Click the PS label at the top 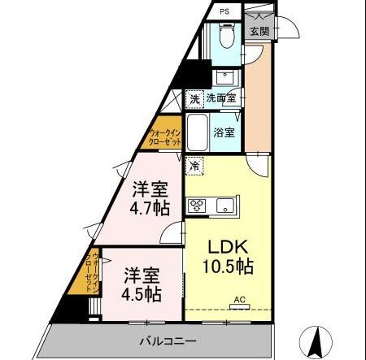click(x=224, y=11)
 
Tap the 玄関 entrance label click(x=259, y=31)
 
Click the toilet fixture click(x=226, y=36)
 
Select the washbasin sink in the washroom click(x=225, y=77)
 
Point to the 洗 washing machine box click(x=194, y=99)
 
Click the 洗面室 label click(x=221, y=98)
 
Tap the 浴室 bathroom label click(x=224, y=132)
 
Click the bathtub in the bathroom click(x=198, y=132)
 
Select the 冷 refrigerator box click(x=194, y=166)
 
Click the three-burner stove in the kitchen click(x=197, y=206)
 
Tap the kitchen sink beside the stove click(x=225, y=206)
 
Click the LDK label click(x=228, y=246)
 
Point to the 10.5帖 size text click(x=228, y=267)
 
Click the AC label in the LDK click(x=240, y=300)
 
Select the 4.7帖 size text click(x=150, y=208)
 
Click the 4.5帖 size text click(x=142, y=294)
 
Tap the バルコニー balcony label click(x=168, y=340)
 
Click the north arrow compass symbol click(x=316, y=342)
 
